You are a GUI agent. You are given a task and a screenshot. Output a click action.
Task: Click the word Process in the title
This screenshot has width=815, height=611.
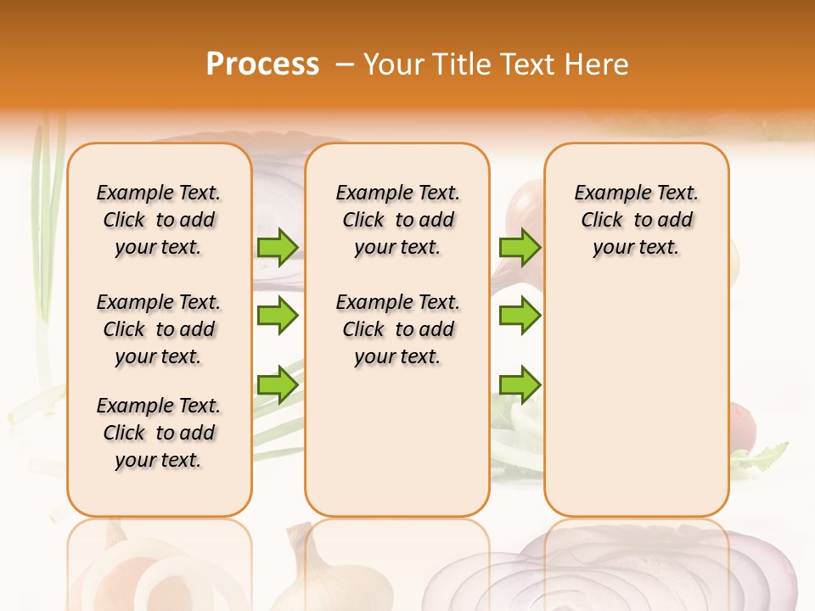coord(261,64)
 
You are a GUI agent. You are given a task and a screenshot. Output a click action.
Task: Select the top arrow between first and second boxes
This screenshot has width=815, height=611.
coord(278,247)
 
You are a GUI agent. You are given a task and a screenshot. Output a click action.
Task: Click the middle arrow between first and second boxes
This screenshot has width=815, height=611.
coord(278,316)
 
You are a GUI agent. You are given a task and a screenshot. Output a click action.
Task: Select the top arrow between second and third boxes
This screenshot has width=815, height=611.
coord(520,247)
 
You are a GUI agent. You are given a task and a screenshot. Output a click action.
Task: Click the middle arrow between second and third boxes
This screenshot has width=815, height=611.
coord(520,316)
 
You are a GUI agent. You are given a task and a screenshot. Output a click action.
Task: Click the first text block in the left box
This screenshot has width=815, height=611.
coord(159,220)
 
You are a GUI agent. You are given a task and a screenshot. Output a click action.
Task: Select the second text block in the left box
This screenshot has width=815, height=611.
coord(159,329)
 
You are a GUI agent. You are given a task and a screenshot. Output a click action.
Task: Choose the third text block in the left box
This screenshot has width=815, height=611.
coord(159,433)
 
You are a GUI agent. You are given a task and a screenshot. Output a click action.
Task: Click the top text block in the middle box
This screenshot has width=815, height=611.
coord(397,220)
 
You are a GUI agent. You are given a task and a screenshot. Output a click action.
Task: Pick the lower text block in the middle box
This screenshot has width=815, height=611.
coord(397,329)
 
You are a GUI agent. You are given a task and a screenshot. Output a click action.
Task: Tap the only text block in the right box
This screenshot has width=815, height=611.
coord(636,220)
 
